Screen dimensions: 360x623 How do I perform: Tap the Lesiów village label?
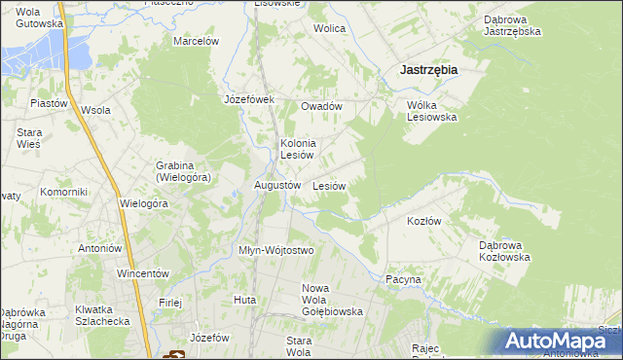click(x=330, y=185)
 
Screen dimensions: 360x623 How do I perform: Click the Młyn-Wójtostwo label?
click(x=276, y=250)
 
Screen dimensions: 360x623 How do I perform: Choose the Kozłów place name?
click(x=424, y=221)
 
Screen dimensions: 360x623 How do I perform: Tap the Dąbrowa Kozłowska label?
click(x=503, y=251)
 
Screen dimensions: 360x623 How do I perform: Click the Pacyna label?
click(x=403, y=279)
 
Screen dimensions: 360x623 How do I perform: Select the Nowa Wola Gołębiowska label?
click(x=332, y=300)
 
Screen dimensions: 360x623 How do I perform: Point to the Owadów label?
click(x=321, y=106)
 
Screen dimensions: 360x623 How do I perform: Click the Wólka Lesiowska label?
click(x=431, y=110)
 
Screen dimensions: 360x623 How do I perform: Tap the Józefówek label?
click(x=250, y=99)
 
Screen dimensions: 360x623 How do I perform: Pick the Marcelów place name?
click(x=196, y=41)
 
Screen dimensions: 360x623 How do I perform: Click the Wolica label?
click(x=329, y=28)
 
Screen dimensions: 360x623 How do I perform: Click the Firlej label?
click(x=170, y=303)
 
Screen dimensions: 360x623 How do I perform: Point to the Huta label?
click(x=244, y=300)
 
